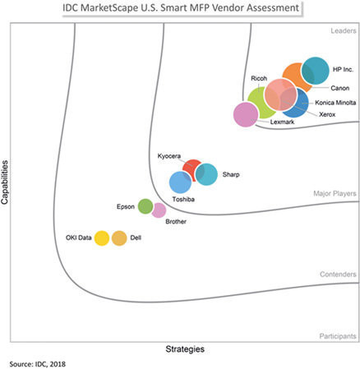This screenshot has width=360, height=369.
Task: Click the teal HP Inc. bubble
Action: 315,71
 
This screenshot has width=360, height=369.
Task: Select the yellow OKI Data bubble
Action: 102,238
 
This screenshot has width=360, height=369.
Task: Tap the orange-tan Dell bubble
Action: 119,238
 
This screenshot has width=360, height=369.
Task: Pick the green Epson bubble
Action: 145,206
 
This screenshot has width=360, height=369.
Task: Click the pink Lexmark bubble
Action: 246,114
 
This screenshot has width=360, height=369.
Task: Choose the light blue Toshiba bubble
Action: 180,182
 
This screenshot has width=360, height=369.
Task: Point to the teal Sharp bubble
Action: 206,174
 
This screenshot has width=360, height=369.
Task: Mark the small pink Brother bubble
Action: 159,210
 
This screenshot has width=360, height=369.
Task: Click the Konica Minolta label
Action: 335,103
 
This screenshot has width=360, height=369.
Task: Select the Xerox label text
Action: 327,114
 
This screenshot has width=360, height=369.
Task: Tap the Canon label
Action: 340,88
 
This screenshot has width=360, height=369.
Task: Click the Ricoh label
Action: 259,78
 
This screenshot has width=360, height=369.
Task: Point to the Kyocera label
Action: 169,156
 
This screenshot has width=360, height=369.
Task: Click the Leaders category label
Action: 344,30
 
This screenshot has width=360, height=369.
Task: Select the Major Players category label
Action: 335,193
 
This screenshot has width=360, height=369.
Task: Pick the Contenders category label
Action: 338,274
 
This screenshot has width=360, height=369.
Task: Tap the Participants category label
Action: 338,336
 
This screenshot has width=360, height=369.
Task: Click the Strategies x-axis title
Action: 185,349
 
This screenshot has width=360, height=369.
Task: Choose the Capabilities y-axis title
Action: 5,182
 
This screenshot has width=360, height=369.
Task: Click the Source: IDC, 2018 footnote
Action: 38,364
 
